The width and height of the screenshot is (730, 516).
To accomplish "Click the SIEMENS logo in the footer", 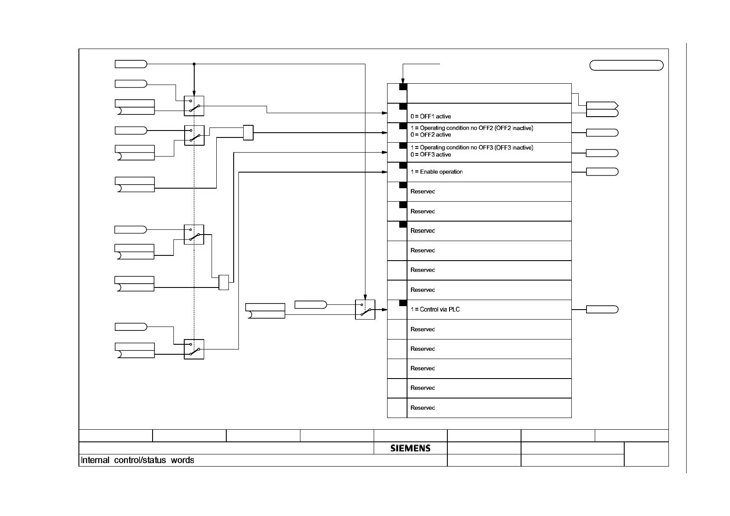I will pos(410,448).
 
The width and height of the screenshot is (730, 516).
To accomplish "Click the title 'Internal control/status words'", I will pos(137,460).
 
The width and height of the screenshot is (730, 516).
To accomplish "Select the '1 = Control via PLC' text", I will pos(435,310).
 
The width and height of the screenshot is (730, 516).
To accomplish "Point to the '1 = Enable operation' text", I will pos(437,172).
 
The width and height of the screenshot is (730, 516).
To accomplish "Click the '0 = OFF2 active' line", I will pos(431,135).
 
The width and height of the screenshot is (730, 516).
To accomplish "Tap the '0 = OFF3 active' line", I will pos(431,155).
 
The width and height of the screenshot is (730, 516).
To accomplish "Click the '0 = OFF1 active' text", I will pos(431,117).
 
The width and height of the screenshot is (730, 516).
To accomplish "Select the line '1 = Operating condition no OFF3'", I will pos(472,148).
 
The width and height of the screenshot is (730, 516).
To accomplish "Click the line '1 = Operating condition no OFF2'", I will pos(472,128).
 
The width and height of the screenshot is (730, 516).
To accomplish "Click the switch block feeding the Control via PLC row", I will pos(365,310).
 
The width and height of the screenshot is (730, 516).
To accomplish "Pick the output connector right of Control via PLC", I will pos(602,310).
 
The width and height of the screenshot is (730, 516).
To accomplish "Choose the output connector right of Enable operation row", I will pos(602,172).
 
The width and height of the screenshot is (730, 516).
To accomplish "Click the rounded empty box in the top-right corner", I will pos(626,65).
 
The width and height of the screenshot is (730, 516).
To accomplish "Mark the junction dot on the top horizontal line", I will pos(194,64).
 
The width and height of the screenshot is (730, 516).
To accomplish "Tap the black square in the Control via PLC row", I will pos(403,304).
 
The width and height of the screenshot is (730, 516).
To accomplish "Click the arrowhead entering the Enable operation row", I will pos(385,172).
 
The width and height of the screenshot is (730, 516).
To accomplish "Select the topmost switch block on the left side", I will pos(194,106).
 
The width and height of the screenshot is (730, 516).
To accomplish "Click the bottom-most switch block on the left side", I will pos(194,349).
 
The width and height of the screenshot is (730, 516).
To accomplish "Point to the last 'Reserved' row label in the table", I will pos(423,408).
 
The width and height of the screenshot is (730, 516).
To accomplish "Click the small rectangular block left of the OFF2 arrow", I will pos(248,133).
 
